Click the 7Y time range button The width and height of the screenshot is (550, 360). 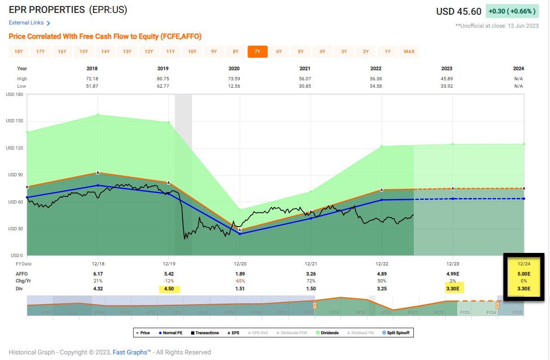(x=258, y=52)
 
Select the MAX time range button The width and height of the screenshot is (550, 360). (x=409, y=52)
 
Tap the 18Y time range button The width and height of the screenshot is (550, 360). (x=18, y=52)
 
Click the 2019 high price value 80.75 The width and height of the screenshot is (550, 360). (x=163, y=79)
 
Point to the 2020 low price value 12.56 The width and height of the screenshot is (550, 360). (x=234, y=86)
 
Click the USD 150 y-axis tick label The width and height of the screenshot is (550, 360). (x=14, y=121)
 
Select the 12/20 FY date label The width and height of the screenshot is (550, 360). (x=240, y=264)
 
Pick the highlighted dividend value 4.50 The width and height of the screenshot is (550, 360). (x=169, y=289)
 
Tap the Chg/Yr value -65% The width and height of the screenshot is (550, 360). (x=240, y=281)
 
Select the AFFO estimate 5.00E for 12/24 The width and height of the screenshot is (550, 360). (x=524, y=274)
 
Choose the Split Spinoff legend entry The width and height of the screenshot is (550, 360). (x=397, y=333)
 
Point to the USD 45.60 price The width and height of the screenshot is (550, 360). (x=459, y=11)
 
